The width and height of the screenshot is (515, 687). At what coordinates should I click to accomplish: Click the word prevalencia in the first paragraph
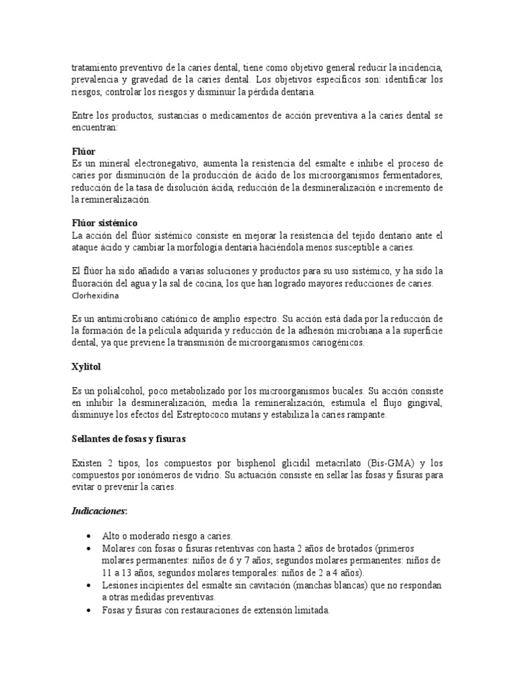tap(95, 80)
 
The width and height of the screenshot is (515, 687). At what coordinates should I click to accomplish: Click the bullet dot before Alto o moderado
tap(89, 536)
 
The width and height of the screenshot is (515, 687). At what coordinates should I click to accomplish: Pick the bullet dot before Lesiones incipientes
tap(89, 585)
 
